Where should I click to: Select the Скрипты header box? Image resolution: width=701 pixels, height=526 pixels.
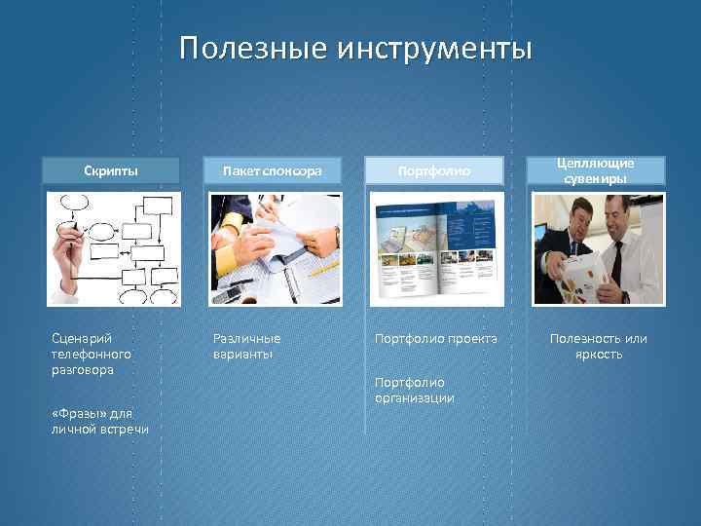point(110,171)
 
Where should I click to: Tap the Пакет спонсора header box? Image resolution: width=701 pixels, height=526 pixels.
point(273,171)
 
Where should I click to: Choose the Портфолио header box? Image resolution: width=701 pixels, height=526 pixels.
point(435,171)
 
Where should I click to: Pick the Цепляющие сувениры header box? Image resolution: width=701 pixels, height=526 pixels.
point(597,170)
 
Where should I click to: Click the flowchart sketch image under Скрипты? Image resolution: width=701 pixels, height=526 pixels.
point(114,249)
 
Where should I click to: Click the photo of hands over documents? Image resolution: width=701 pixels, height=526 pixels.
point(276,249)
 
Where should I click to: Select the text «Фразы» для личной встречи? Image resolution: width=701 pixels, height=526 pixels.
point(100,422)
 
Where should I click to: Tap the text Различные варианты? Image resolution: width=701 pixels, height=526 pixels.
point(246,346)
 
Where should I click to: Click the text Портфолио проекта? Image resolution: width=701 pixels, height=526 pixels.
point(435,338)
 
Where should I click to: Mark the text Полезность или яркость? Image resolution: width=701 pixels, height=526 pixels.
point(598,346)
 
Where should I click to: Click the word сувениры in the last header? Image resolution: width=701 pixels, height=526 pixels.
point(597,179)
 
